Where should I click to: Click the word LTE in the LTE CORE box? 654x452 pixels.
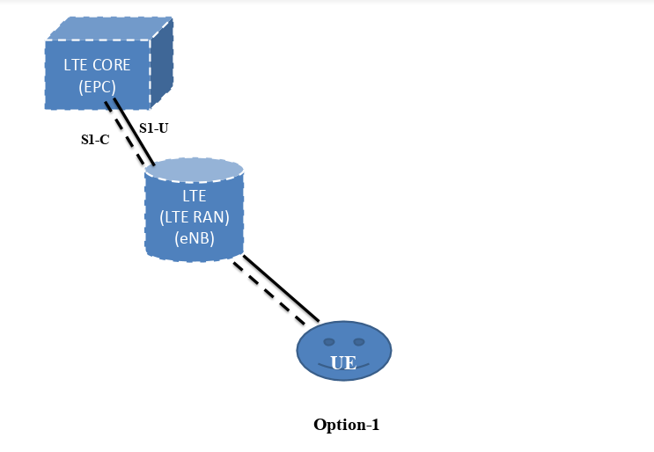(x=76, y=65)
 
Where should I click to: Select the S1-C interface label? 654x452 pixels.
(x=94, y=139)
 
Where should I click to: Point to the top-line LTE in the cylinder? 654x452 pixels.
(x=194, y=193)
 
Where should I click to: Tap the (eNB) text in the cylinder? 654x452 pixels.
(x=194, y=237)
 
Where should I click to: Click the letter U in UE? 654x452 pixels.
(x=337, y=363)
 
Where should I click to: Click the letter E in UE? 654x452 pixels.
(x=350, y=363)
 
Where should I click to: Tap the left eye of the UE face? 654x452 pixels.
(x=328, y=341)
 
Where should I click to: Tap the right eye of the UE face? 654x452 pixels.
(x=358, y=341)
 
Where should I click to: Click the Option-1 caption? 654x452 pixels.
(x=346, y=425)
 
